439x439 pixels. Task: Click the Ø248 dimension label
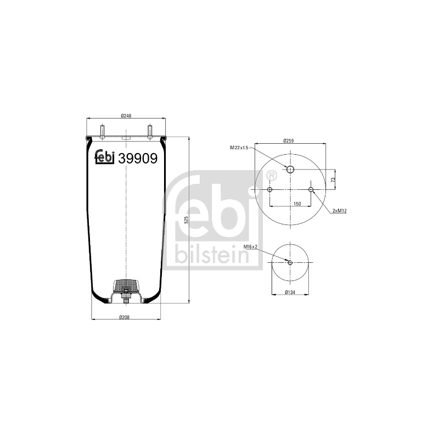click(x=126, y=115)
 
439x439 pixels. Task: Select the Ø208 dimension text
click(x=125, y=317)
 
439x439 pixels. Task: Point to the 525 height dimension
click(x=187, y=220)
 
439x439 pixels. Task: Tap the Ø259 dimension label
click(x=289, y=141)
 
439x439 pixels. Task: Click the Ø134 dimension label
click(x=290, y=292)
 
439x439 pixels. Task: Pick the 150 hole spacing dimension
click(x=297, y=204)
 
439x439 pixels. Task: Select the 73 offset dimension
click(x=333, y=179)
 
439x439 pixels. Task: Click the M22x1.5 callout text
click(x=239, y=148)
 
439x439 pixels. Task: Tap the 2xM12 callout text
click(x=340, y=211)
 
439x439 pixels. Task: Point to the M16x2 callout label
click(x=250, y=246)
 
